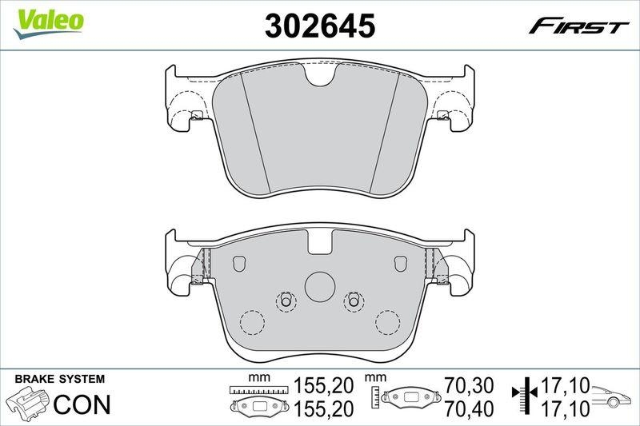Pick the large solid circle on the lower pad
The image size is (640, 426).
coord(319,286)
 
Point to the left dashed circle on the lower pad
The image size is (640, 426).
coord(253,322)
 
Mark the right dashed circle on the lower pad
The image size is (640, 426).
coord(387,322)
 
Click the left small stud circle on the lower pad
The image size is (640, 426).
coord(286,301)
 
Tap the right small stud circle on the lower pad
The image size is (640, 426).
coord(354,301)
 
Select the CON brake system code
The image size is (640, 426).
coord(81,405)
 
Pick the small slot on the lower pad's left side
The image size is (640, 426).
coord(238,263)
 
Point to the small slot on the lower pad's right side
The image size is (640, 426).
coord(402,263)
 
